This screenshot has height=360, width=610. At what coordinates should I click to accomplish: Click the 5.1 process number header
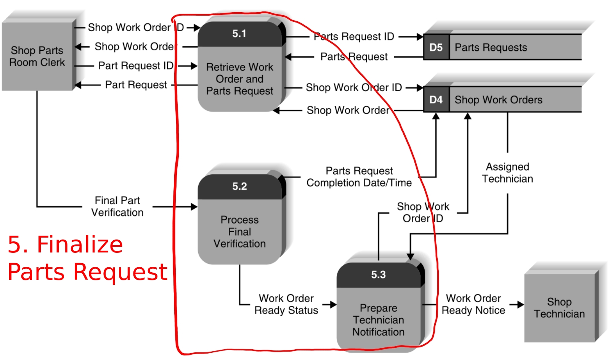click(x=239, y=34)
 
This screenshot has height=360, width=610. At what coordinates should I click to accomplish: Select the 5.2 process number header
click(x=239, y=186)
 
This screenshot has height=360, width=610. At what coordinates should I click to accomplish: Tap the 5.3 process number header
click(x=378, y=275)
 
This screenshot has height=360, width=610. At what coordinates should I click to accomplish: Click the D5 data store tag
click(x=436, y=48)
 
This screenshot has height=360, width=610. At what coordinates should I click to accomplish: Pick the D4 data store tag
click(x=436, y=100)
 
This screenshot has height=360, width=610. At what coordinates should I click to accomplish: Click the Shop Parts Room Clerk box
click(x=37, y=56)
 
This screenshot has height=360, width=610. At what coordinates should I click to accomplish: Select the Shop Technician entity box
click(x=559, y=308)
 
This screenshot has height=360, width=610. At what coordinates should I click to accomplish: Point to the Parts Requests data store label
click(x=491, y=48)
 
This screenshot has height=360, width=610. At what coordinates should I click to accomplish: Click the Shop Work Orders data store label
click(x=498, y=100)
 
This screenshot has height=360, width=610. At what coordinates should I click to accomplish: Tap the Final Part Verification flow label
click(x=117, y=206)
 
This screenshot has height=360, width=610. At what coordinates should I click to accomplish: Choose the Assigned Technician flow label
click(x=507, y=173)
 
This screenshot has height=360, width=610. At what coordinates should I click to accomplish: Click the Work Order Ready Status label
click(x=286, y=304)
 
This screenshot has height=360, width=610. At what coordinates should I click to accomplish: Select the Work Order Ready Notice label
click(x=473, y=304)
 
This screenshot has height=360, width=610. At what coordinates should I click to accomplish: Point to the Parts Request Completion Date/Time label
click(x=359, y=177)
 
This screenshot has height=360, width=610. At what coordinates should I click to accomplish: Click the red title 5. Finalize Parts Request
click(x=87, y=258)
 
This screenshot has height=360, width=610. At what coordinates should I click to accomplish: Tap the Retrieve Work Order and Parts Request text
click(x=239, y=79)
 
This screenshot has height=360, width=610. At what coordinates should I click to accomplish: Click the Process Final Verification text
click(x=239, y=232)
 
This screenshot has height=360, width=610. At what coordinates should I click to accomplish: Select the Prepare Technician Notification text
click(x=378, y=320)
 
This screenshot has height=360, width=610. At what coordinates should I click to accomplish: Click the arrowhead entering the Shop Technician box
click(x=520, y=305)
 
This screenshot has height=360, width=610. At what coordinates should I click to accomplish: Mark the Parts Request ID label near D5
click(x=354, y=37)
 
